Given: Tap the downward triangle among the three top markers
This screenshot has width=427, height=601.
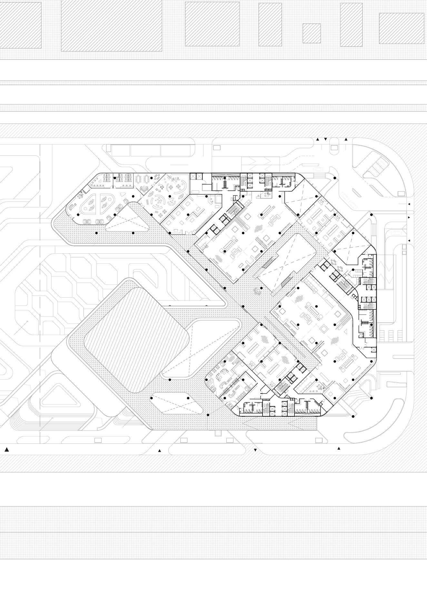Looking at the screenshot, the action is tap(325, 139).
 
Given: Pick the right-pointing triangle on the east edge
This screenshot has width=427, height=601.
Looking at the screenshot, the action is tap(409, 218).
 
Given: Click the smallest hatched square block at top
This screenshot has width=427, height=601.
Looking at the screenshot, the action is tap(312, 33).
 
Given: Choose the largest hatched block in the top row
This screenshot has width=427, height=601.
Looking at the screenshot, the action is tap(112, 25).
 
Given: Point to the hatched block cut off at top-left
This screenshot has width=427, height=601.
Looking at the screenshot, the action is tap(20, 25).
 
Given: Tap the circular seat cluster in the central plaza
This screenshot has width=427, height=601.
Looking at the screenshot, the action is tap(258, 291).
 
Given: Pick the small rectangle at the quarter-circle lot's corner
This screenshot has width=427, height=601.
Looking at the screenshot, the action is tap(401, 193).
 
